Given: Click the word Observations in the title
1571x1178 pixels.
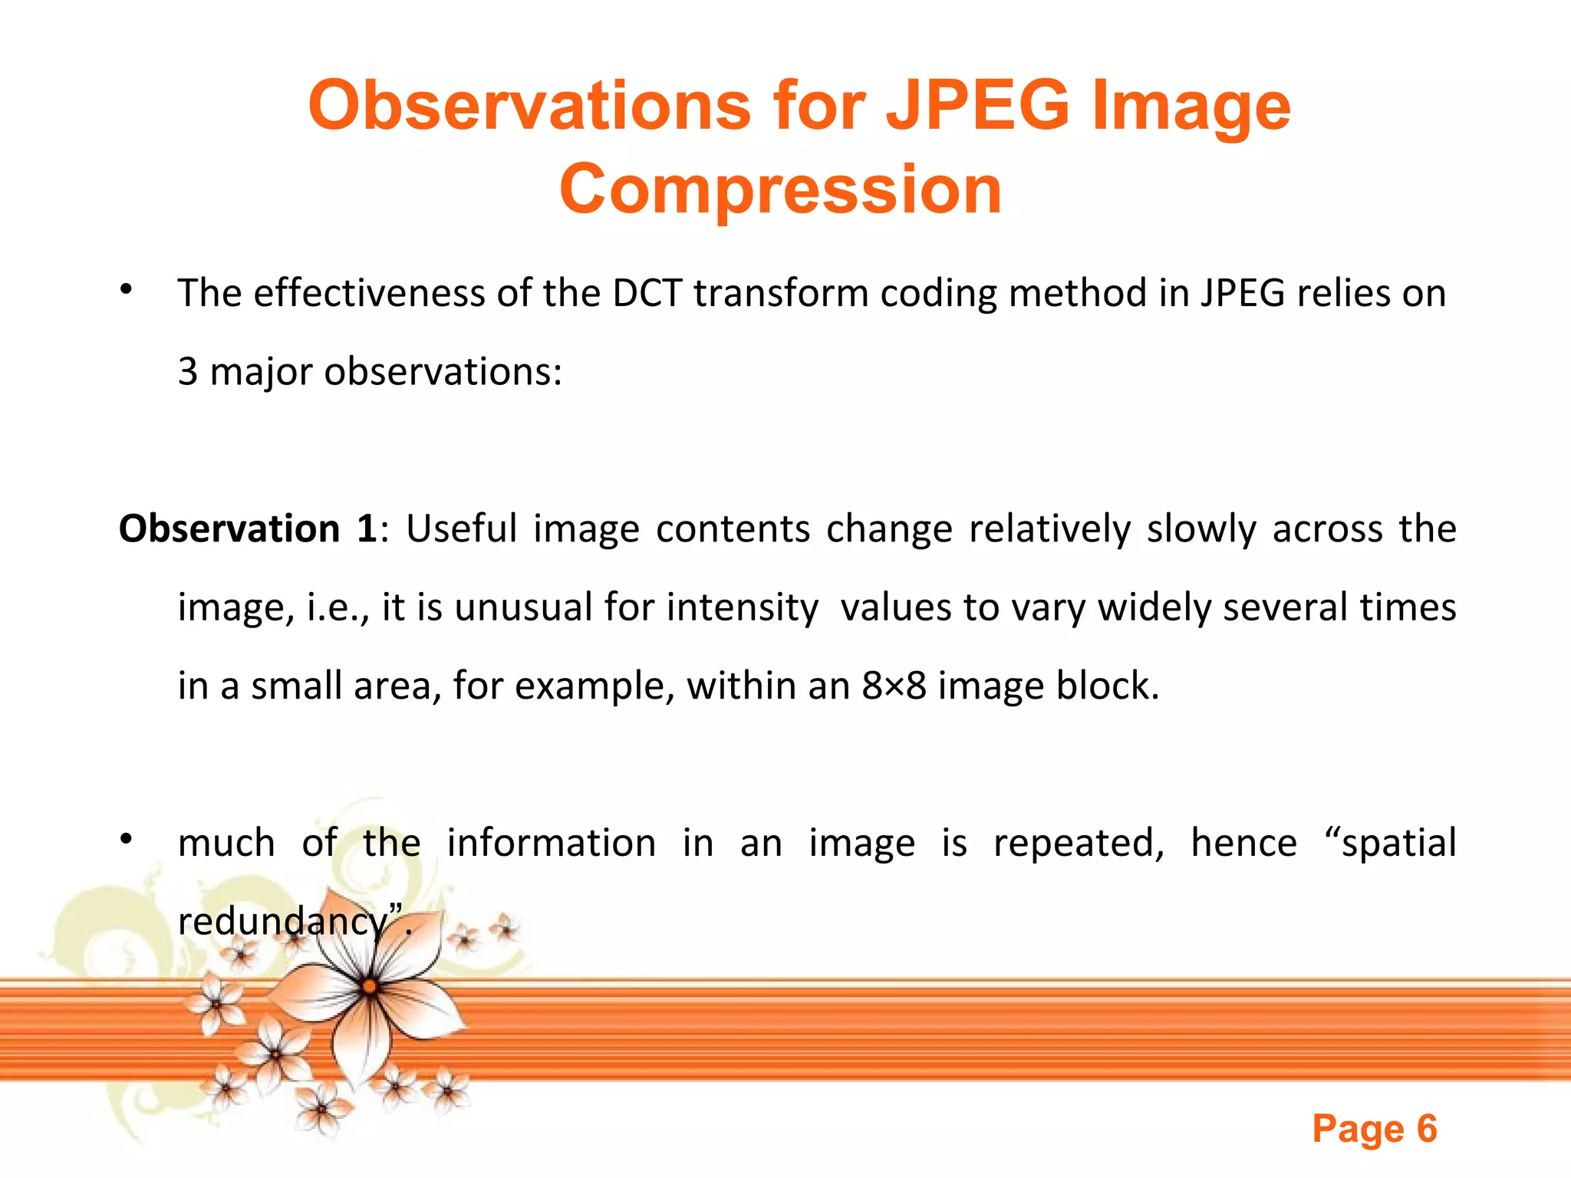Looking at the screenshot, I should [x=529, y=106].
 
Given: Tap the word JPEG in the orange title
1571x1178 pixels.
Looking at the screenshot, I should [x=977, y=106].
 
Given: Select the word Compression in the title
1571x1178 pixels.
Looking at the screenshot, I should [x=780, y=189].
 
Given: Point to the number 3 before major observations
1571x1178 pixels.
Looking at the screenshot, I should [x=188, y=372].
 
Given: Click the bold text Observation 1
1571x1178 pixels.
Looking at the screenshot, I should [x=248, y=529].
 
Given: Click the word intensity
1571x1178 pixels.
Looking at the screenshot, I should [x=742, y=607].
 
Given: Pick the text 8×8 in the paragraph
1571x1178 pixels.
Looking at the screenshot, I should [x=894, y=686].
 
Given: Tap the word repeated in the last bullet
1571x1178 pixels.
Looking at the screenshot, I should [x=1078, y=843].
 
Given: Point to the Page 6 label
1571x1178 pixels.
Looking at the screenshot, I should [x=1374, y=1129].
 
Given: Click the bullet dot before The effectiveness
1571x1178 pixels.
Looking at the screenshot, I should [x=127, y=291].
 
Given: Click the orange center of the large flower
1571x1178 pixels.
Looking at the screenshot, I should [x=370, y=986].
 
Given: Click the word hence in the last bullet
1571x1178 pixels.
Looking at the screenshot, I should [x=1243, y=843].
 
